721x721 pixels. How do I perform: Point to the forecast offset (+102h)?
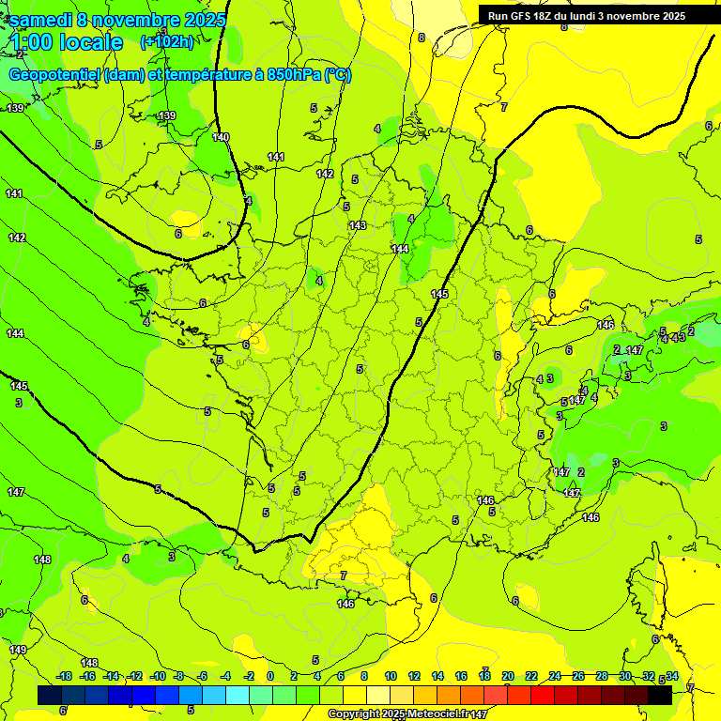[x=166, y=42]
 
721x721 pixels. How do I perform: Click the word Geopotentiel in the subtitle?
[x=55, y=75]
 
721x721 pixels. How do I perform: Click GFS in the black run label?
[x=527, y=16]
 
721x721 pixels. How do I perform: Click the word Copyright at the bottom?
[x=354, y=714]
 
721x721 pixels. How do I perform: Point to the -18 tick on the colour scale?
[x=64, y=676]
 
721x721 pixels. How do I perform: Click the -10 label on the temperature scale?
[x=159, y=676]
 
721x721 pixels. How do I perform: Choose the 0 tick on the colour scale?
[x=270, y=676]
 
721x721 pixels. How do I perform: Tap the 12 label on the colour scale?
[x=414, y=676]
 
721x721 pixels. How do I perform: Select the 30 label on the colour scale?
[x=625, y=676]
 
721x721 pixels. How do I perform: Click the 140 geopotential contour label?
[x=221, y=137]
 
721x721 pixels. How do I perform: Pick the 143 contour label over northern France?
[x=358, y=225]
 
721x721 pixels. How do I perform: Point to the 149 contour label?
[x=18, y=650]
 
